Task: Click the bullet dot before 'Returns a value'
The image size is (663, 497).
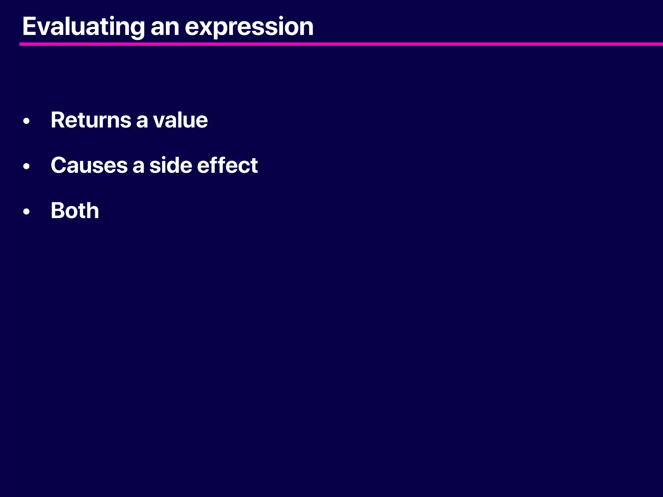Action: point(27,121)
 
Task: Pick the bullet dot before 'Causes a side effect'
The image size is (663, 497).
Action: point(27,166)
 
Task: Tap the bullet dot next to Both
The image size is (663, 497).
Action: point(27,212)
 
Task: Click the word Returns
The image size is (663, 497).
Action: point(90,120)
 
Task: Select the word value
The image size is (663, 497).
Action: point(180,120)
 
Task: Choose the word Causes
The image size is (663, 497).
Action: point(89,165)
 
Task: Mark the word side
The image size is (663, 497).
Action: point(170,165)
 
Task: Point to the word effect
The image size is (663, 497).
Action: point(227,165)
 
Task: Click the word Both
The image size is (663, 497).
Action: point(75,211)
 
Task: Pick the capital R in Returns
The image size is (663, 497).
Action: point(57,120)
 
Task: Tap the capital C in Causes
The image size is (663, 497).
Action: point(58,165)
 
